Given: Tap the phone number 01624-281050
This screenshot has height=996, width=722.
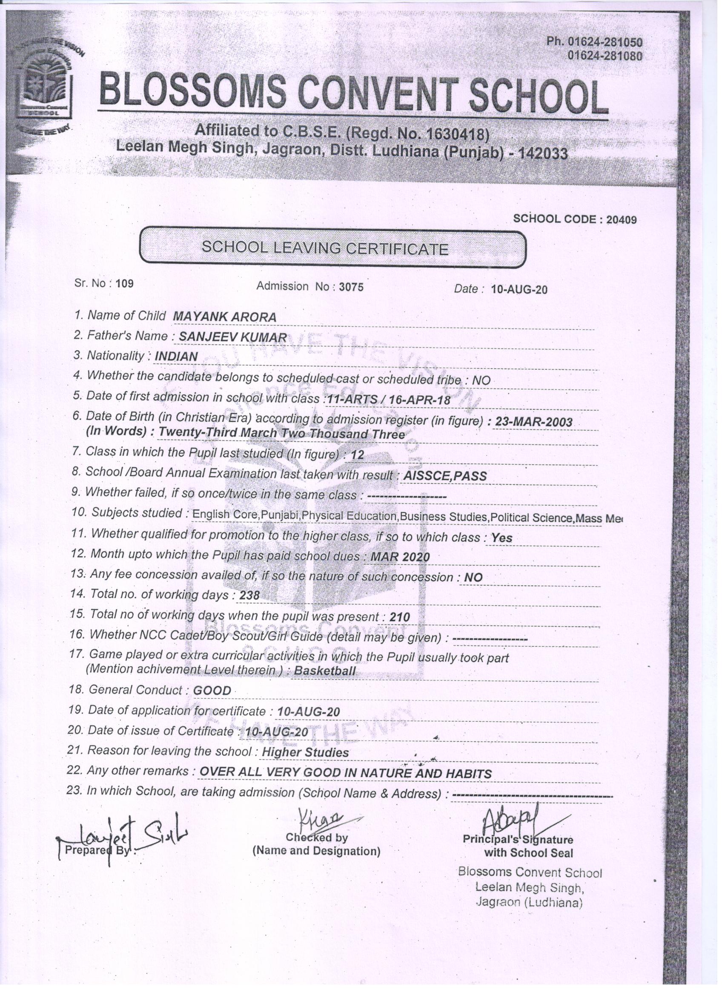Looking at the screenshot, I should (605, 42).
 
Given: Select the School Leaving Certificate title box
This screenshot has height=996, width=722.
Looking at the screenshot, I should (332, 248).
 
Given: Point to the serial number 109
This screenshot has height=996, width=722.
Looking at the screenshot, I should (125, 283).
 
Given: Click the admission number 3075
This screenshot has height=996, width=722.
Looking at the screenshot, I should (351, 287).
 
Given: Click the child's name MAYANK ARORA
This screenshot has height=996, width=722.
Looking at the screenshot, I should (225, 317).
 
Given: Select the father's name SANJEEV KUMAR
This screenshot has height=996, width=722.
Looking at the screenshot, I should (232, 337).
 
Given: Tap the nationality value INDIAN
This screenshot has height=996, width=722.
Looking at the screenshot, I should (176, 357).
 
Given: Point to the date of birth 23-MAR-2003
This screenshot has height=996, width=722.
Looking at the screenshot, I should (534, 422).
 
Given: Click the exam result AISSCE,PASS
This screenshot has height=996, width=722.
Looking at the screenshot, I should (444, 476).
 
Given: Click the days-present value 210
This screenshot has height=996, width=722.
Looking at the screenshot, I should (399, 617).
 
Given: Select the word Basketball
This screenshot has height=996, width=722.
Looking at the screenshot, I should (325, 671).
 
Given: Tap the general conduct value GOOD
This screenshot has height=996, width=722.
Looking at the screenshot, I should (212, 691).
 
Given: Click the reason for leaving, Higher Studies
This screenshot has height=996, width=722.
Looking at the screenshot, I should (305, 752).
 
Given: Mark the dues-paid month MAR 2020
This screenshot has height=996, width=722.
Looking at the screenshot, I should (400, 557).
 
